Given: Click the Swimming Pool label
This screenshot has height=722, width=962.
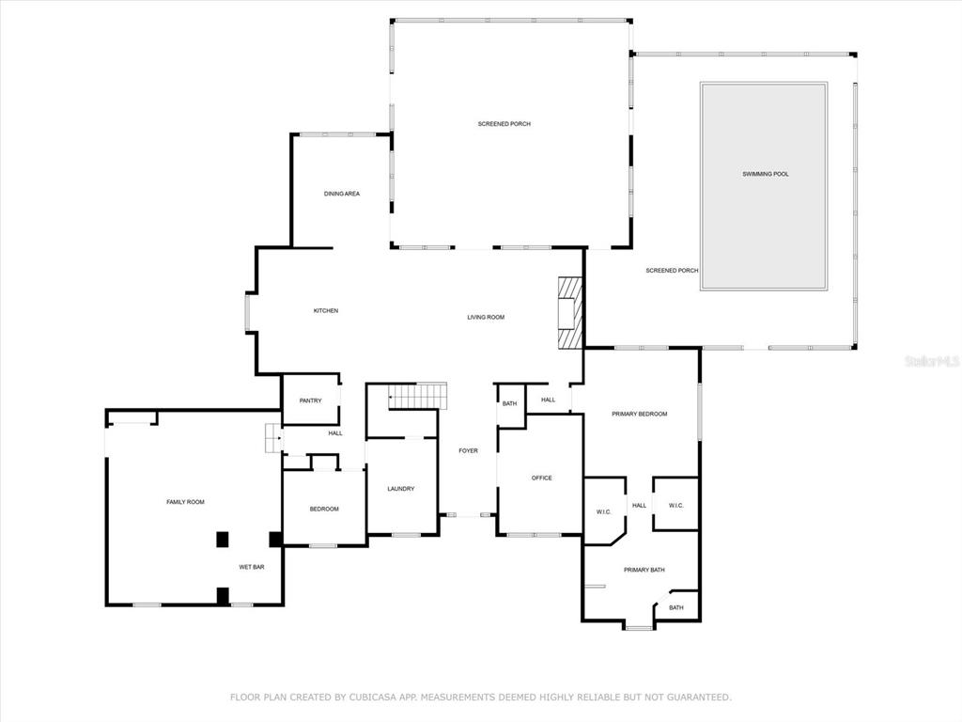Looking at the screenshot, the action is click(x=765, y=174).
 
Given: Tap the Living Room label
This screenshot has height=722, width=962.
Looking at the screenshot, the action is click(x=486, y=318).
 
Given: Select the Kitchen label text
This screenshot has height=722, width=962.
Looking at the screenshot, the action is click(x=326, y=310).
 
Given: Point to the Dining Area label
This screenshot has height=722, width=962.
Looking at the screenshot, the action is click(x=342, y=194).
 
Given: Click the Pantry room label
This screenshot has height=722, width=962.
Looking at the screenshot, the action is click(x=310, y=400).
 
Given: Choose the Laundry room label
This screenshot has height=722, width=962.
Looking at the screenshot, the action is click(x=400, y=489).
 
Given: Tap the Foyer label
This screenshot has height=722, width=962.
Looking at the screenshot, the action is click(x=468, y=450).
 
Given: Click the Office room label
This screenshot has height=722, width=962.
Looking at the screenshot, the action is click(x=542, y=478).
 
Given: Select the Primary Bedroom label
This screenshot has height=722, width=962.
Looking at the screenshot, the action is click(x=639, y=414).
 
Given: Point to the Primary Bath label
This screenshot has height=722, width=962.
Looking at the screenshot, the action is click(x=644, y=570).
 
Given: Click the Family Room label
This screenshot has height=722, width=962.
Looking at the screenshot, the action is click(x=185, y=502).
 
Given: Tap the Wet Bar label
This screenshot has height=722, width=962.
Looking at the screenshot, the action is click(x=252, y=567).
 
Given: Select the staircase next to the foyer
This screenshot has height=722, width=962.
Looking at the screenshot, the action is click(x=417, y=396).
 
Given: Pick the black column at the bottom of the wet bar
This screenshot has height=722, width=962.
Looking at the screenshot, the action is click(x=223, y=595).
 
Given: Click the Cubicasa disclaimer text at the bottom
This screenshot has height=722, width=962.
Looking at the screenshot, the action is click(x=481, y=698).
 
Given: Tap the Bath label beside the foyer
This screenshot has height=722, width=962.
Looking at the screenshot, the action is click(x=510, y=404).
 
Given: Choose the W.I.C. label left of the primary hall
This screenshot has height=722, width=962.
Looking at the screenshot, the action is click(x=604, y=512).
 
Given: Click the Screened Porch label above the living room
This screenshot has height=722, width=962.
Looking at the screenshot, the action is click(x=504, y=124).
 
